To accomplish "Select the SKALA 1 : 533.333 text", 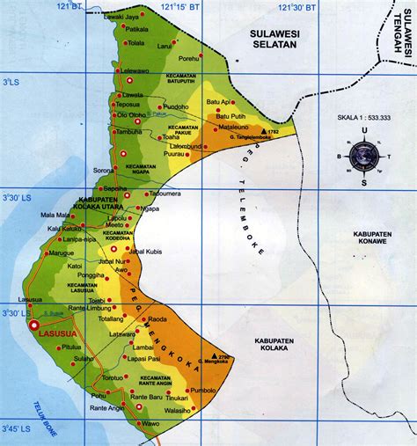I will coord(363,117).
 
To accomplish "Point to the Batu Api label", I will coord(218,101).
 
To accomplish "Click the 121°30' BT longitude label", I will coord(300,8).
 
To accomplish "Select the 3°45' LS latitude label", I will coord(15,428).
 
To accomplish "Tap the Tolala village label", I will coord(135,42).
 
